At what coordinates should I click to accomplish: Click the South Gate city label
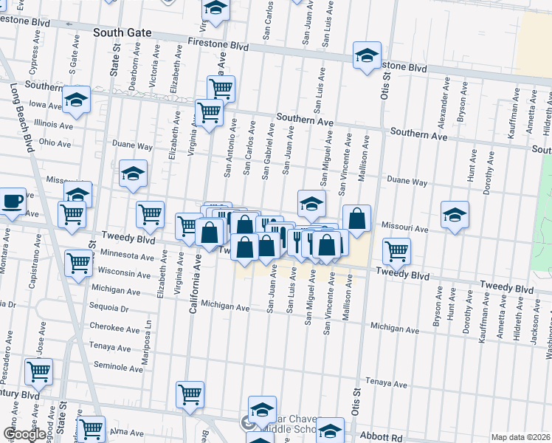[x=123, y=33]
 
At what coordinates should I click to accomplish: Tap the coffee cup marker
[x=12, y=201]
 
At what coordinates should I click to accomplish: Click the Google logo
[x=24, y=434]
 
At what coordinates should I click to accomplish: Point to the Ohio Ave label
[x=55, y=142]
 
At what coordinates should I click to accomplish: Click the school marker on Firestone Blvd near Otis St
[x=367, y=55]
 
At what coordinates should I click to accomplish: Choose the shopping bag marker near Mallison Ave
[x=356, y=218]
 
